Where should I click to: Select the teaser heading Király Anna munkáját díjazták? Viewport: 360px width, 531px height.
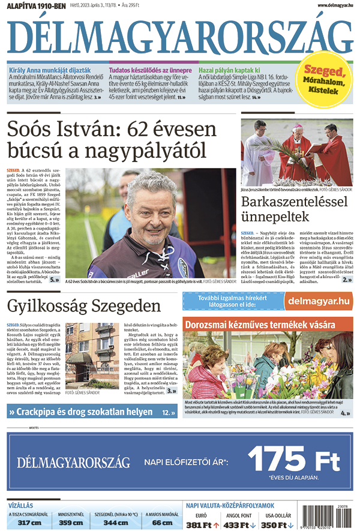50,70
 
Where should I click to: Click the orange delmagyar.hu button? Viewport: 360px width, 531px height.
317,300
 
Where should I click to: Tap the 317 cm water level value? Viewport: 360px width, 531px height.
29,523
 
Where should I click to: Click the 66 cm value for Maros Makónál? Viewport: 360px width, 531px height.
161,523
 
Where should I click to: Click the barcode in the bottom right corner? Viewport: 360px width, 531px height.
336,518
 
